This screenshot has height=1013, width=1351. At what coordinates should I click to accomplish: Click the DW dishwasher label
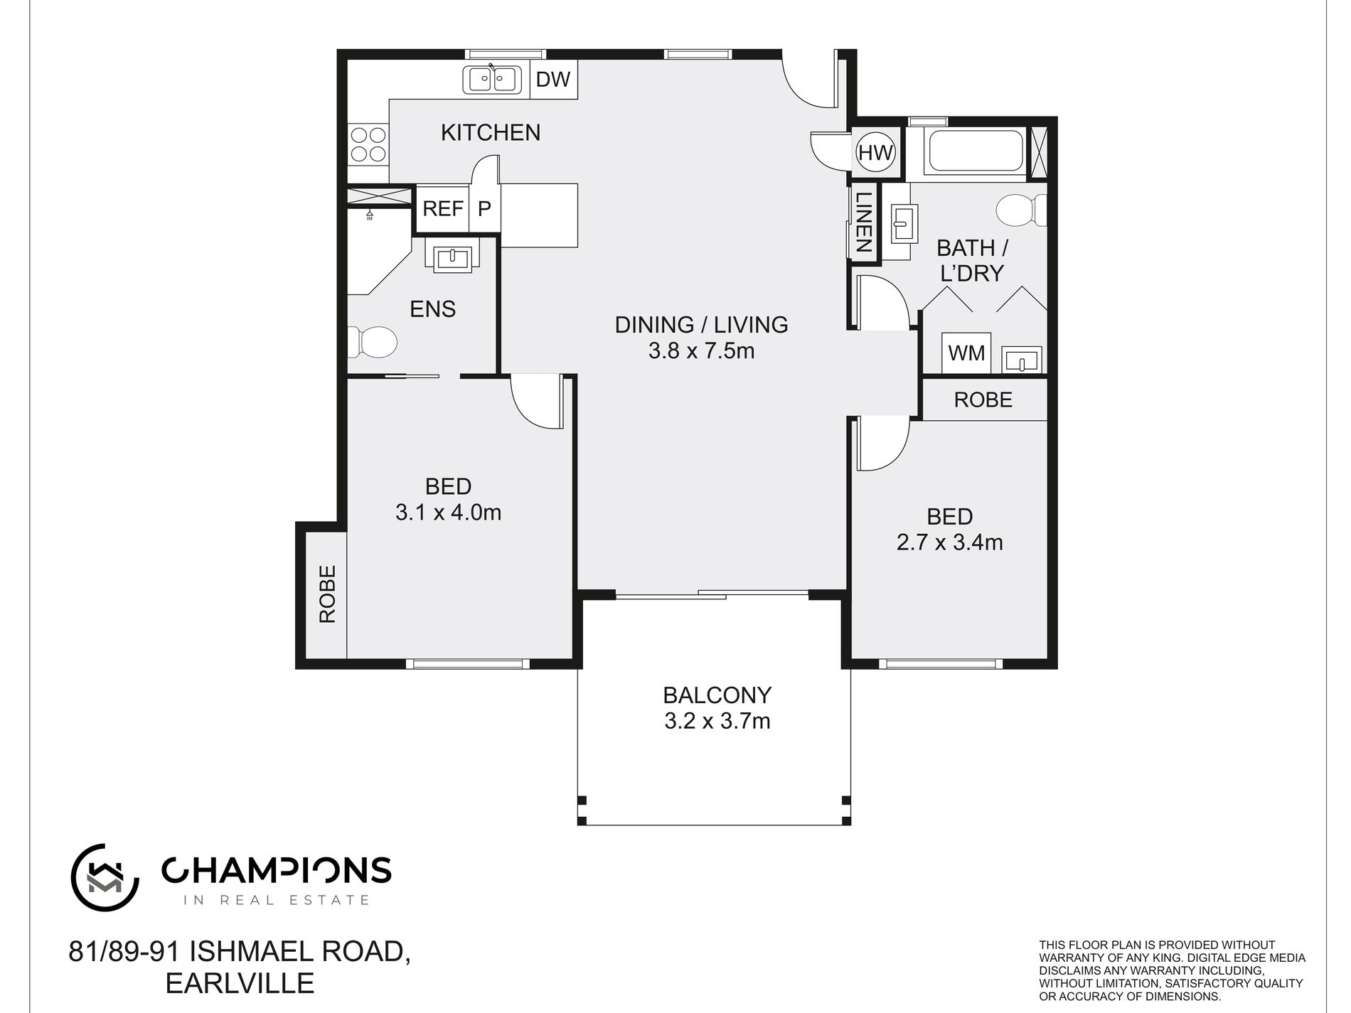pos(552,80)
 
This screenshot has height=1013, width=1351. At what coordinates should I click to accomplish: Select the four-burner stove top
pos(368,144)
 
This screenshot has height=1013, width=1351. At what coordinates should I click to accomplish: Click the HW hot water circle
pos(875,153)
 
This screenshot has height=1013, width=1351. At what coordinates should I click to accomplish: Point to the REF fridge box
pos(442,209)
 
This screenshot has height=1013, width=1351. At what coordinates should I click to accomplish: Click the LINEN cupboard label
pos(863,223)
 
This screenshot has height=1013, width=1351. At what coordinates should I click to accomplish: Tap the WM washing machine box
pos(966,353)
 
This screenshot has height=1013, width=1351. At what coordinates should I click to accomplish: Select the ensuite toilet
pos(377,342)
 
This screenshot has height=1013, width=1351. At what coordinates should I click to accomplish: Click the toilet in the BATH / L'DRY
pos(1021,210)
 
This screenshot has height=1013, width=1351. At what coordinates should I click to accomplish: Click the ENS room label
pos(432,309)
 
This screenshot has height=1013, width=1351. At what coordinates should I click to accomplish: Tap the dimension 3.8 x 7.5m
pos(701,351)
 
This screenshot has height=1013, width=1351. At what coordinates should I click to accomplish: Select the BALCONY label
pos(717,695)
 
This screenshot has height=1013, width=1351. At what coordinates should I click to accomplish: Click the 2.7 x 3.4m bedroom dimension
pos(949,543)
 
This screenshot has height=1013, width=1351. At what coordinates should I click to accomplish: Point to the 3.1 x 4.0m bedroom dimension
pos(448,513)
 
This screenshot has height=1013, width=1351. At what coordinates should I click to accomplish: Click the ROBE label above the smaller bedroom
pos(983,400)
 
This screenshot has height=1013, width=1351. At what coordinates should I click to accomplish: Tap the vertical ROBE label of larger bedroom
pos(327,594)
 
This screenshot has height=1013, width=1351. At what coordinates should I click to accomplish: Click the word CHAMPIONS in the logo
pos(276,871)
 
